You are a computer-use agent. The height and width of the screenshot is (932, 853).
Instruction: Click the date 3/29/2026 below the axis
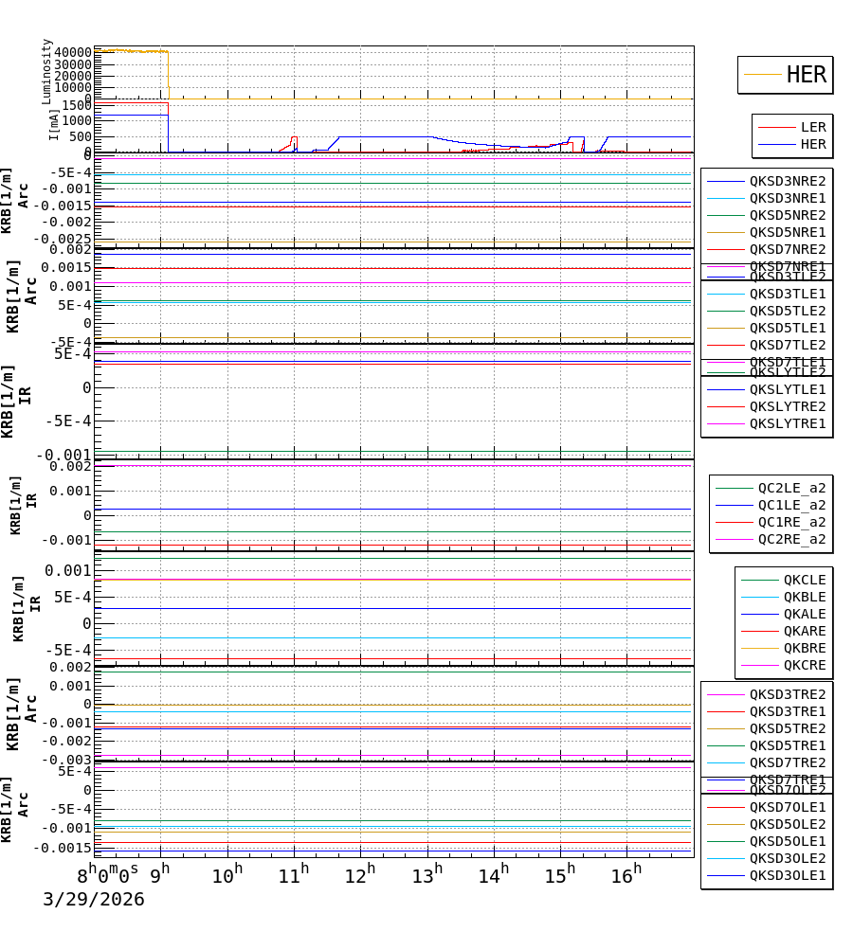(x=93, y=900)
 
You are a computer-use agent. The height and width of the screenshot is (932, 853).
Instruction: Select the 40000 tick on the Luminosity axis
(x=73, y=52)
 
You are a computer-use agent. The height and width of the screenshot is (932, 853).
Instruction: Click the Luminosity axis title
(x=46, y=70)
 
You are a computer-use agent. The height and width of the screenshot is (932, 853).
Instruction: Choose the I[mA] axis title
(x=54, y=124)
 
